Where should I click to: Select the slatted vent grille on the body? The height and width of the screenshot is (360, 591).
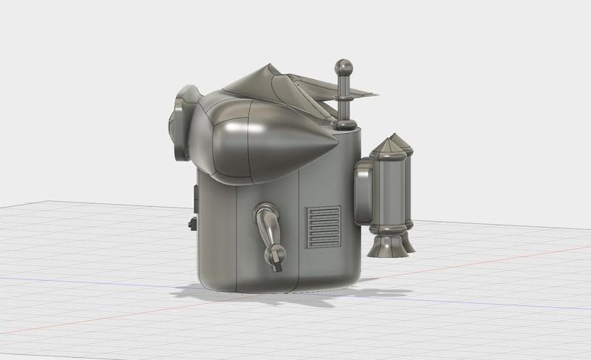tap(323, 226)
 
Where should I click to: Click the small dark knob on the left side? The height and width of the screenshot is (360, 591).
tap(192, 223)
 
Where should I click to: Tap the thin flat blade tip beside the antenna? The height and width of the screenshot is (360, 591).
tap(369, 95)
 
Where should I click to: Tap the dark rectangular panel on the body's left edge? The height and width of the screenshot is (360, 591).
tap(196, 197)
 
